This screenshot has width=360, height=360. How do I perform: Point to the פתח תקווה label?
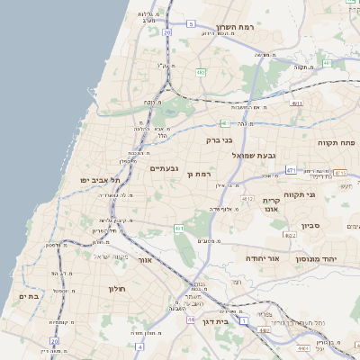(336, 142)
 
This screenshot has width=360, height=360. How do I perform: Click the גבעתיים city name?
(164, 168)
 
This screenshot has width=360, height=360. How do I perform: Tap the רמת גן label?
(197, 173)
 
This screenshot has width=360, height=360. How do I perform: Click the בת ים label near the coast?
(29, 295)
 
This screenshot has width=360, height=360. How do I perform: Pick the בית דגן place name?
(211, 321)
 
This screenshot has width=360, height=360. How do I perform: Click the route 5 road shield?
(191, 23)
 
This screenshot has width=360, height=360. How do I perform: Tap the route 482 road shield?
(201, 71)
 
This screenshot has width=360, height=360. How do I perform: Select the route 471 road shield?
(290, 169)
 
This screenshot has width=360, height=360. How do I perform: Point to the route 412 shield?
(247, 198)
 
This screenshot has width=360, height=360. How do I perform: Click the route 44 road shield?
(191, 319)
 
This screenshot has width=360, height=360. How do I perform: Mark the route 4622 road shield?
(290, 235)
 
